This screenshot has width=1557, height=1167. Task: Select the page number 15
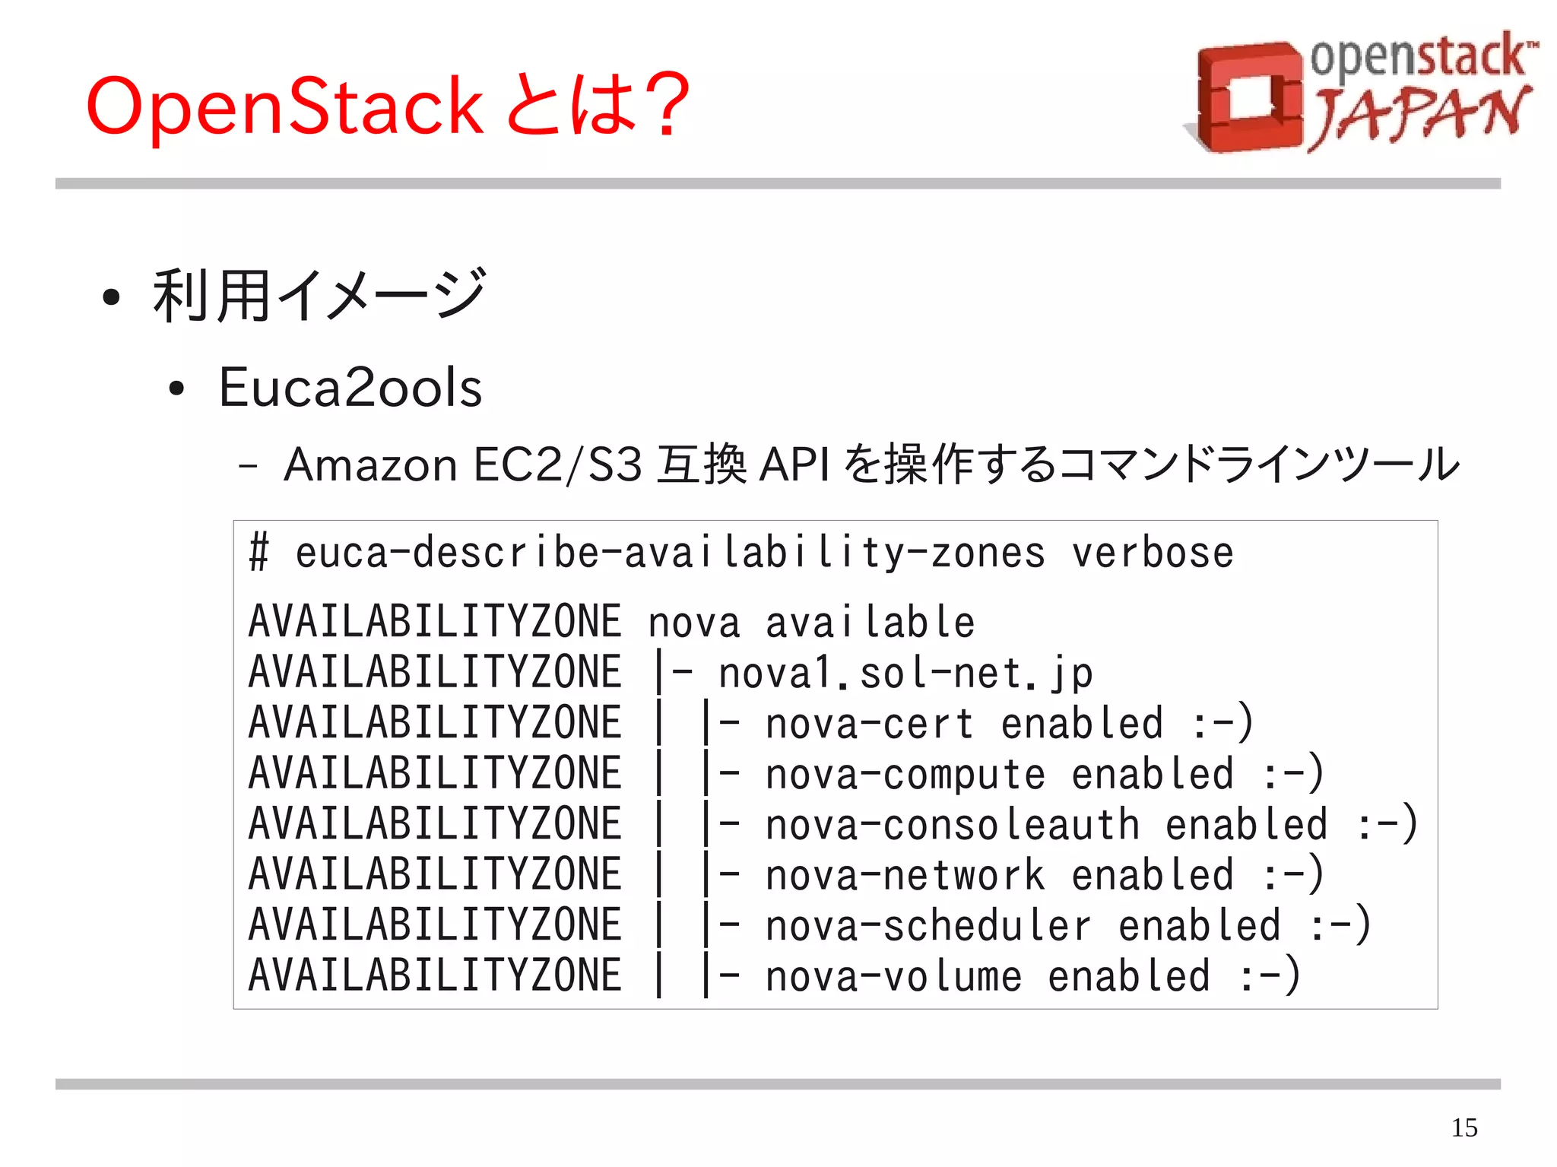(1464, 1127)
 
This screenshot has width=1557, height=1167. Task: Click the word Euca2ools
(350, 388)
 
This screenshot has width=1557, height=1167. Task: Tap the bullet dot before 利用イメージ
(111, 297)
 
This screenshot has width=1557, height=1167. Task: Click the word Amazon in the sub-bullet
(370, 465)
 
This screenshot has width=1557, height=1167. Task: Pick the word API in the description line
(794, 465)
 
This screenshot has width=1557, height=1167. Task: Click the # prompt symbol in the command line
(258, 552)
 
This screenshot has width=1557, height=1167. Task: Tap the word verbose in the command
(1152, 553)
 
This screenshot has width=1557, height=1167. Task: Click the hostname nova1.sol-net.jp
(905, 674)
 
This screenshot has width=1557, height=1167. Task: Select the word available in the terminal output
(870, 623)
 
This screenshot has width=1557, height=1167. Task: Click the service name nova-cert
(869, 724)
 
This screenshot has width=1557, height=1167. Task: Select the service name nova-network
(905, 876)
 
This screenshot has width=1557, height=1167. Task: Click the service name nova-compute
(905, 775)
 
